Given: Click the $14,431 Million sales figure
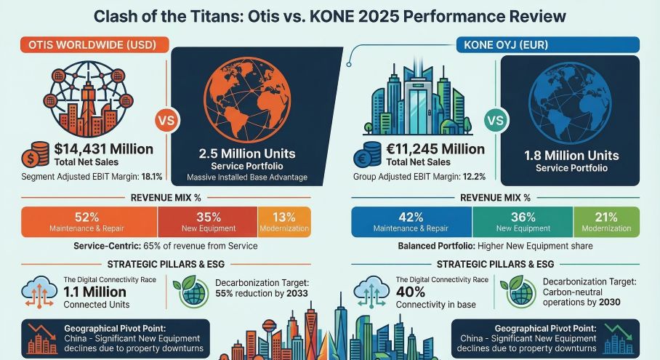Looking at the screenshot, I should click(103, 149).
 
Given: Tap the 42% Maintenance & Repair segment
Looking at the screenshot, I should click(411, 222).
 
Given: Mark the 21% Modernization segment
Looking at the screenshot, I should click(606, 222).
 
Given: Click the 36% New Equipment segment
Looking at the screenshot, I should click(523, 222).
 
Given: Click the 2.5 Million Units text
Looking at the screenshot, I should click(247, 153).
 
